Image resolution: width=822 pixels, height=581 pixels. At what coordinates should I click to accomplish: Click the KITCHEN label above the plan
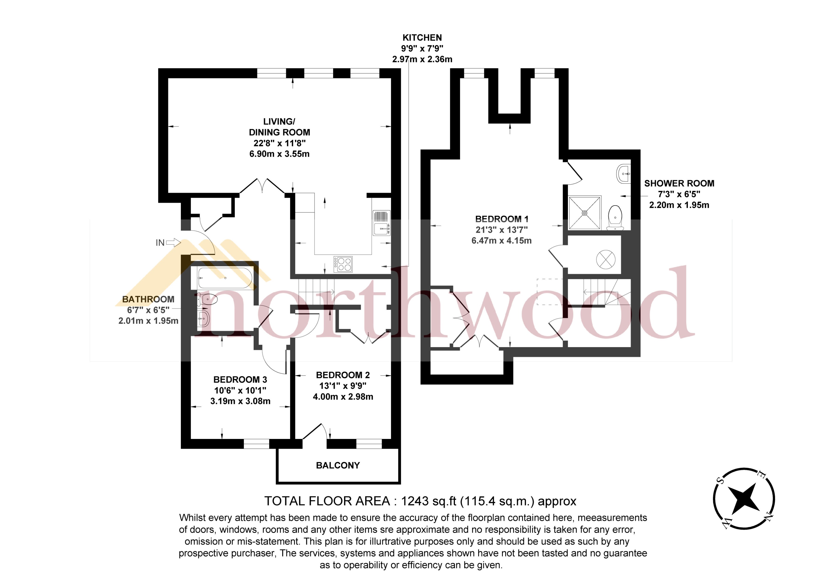(422, 38)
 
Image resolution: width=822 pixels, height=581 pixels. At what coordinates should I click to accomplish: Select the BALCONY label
(338, 465)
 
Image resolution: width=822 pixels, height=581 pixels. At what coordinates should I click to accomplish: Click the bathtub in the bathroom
(225, 278)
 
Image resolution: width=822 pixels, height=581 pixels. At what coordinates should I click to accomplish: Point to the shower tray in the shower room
(584, 213)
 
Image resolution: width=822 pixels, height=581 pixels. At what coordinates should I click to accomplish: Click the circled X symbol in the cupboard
(605, 259)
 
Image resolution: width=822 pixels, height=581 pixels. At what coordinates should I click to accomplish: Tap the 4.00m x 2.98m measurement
(343, 397)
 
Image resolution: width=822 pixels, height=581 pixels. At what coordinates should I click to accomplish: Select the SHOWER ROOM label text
(679, 183)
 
